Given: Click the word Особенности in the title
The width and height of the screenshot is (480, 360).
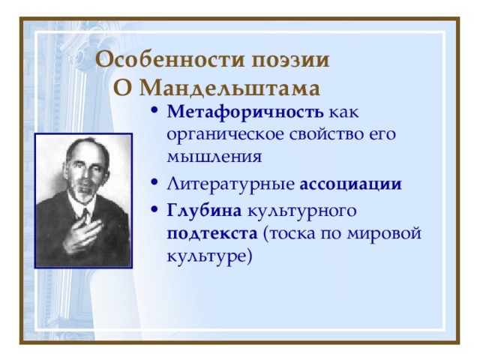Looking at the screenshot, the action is (x=169, y=59).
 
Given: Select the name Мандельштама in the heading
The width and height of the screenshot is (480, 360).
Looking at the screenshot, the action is (x=229, y=88).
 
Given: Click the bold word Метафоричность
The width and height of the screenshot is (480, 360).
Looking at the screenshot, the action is (x=245, y=112).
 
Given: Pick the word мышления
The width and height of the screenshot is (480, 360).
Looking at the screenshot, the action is (x=214, y=157).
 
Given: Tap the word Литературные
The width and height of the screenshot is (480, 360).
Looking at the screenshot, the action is (x=230, y=184).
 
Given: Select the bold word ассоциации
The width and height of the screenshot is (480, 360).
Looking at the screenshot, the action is (x=350, y=184).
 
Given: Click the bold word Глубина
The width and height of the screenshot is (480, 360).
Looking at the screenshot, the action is (x=204, y=211).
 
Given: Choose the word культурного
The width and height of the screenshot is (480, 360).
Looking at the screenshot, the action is (x=301, y=211).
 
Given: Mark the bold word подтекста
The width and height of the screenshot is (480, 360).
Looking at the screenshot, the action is (x=212, y=234).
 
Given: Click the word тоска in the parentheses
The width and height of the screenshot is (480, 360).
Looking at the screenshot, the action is (x=289, y=233).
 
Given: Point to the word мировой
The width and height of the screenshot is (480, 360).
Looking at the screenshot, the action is (x=384, y=234).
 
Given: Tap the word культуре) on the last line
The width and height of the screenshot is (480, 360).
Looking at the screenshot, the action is (x=209, y=256).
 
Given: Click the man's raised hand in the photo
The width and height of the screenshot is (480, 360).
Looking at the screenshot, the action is (x=82, y=235).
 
